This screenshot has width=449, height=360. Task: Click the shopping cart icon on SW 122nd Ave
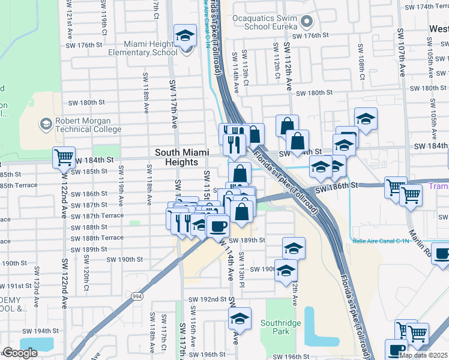pyautogui.click(x=64, y=158)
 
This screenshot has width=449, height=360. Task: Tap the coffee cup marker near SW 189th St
pyautogui.click(x=217, y=226)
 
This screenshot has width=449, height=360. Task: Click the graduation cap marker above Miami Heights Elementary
pyautogui.click(x=185, y=35)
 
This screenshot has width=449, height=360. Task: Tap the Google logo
pyautogui.click(x=20, y=353)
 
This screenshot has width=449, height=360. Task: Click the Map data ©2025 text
pyautogui.click(x=423, y=355)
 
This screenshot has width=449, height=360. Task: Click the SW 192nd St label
pyautogui.click(x=207, y=299)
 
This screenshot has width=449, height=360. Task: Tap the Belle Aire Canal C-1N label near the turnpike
pyautogui.click(x=376, y=241)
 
